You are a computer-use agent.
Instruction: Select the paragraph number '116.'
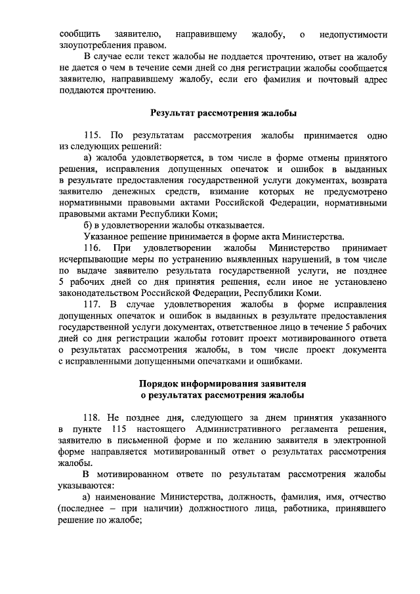[94, 248]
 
